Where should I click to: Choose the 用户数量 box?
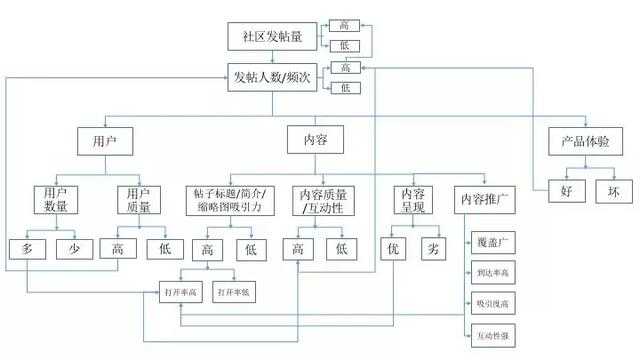pyautogui.click(x=56, y=199)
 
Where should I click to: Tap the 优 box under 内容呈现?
pyautogui.click(x=394, y=247)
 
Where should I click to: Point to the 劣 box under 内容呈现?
pyautogui.click(x=433, y=247)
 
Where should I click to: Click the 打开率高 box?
pyautogui.click(x=182, y=292)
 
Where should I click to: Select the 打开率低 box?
pyautogui.click(x=235, y=292)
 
